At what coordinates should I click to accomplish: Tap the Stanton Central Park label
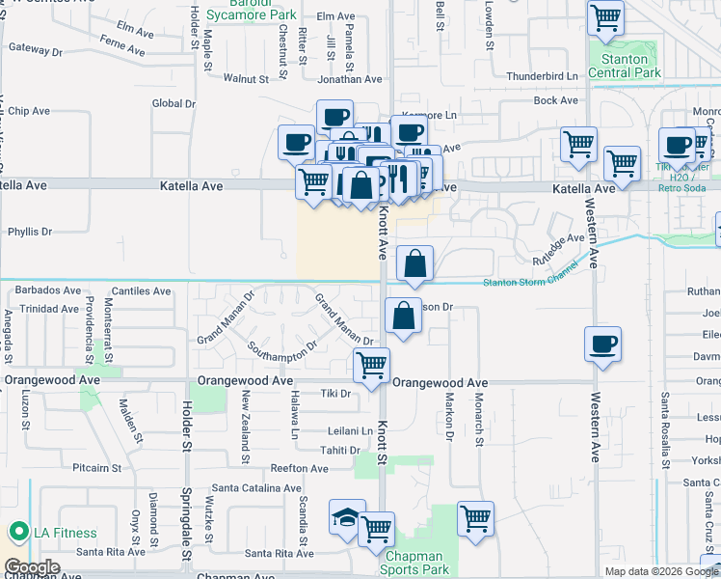[625, 66]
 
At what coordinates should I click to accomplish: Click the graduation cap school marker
[347, 519]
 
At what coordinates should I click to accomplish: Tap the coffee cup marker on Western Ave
[602, 345]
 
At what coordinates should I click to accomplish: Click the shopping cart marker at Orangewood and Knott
[371, 365]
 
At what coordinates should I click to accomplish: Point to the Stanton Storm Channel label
[532, 282]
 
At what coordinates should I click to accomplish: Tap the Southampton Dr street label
[282, 345]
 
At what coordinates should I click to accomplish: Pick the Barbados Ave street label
[46, 289]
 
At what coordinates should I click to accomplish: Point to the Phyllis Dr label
[30, 232]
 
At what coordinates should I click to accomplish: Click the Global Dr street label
[174, 103]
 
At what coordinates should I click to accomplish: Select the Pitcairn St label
[95, 467]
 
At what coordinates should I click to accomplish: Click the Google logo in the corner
[33, 567]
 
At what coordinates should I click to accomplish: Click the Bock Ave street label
[555, 99]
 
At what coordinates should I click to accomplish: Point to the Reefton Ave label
[300, 468]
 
